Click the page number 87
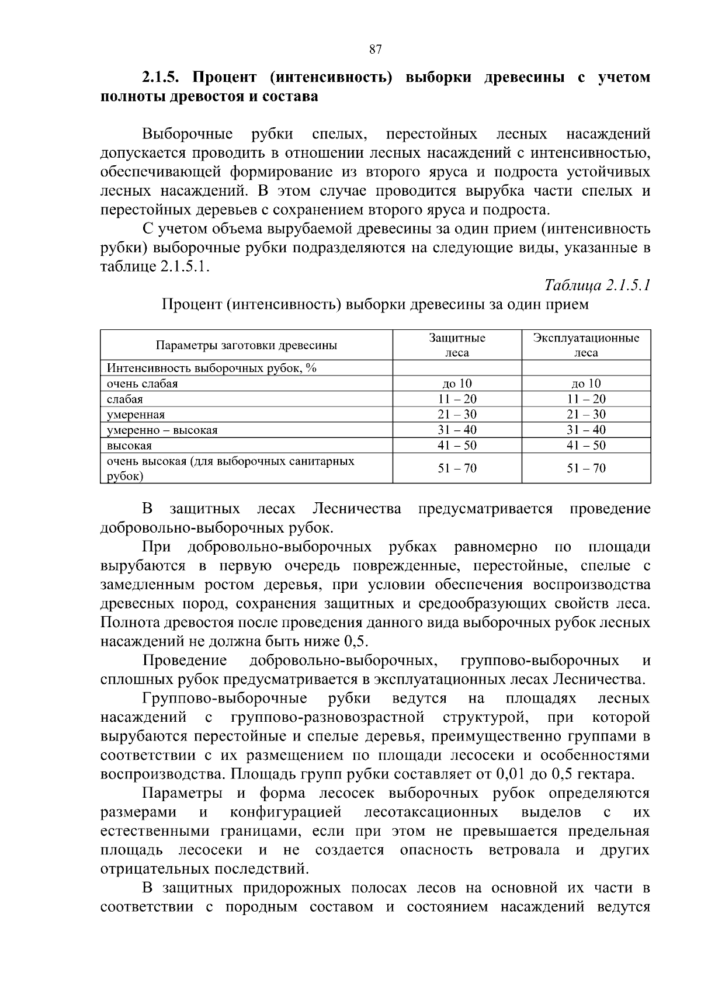point(376,50)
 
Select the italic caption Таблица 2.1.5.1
point(597,285)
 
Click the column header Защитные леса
point(457,345)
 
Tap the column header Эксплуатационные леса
point(586,345)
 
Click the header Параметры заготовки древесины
point(246,345)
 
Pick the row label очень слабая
point(142,384)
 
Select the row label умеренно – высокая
point(162,430)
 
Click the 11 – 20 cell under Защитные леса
point(457,399)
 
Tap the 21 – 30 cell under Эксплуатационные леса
point(586,415)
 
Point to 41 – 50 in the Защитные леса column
point(457,446)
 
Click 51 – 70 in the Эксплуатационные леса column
point(586,468)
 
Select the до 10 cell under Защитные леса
point(457,384)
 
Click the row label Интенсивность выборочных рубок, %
point(211,368)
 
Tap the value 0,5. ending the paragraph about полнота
point(356,641)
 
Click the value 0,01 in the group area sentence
point(512,774)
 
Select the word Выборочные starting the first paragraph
point(188,135)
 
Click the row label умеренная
point(136,415)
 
